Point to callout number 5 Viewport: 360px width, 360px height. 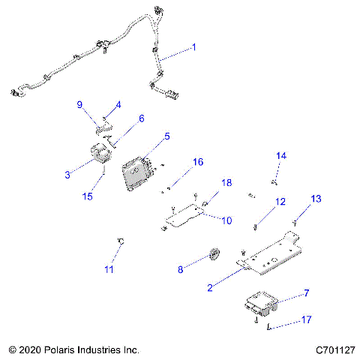(167, 136)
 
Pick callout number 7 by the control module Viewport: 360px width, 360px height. (305, 292)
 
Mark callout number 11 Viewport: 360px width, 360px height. (109, 268)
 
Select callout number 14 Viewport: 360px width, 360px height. (281, 155)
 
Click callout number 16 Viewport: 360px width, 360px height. (198, 162)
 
